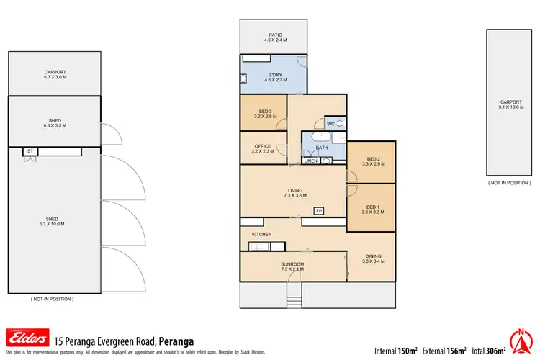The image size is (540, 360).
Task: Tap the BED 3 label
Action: pyautogui.click(x=263, y=110)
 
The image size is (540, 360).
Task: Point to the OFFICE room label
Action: pyautogui.click(x=263, y=146)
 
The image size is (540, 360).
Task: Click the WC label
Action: pyautogui.click(x=330, y=125)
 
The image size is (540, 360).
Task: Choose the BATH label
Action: pyautogui.click(x=322, y=148)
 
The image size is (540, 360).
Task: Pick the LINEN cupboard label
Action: pyautogui.click(x=310, y=161)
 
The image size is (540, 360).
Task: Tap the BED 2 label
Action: pyautogui.click(x=371, y=159)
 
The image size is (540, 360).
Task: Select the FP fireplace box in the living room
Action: pyautogui.click(x=318, y=210)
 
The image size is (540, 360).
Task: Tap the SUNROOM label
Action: pyautogui.click(x=292, y=264)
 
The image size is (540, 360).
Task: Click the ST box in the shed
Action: pyautogui.click(x=30, y=152)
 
